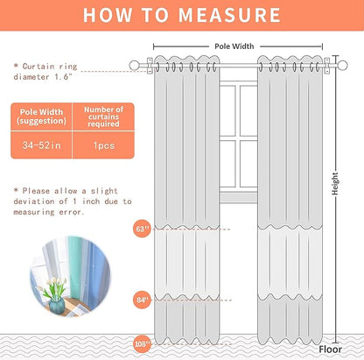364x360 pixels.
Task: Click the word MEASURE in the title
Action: (x=229, y=15)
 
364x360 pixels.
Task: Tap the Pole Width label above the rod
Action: (x=234, y=46)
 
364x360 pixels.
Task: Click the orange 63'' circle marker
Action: (x=142, y=229)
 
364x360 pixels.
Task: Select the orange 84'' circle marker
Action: (x=142, y=300)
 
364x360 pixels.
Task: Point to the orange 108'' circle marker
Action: (x=142, y=344)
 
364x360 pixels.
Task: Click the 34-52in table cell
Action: (x=42, y=145)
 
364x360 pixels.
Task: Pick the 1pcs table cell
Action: (x=104, y=145)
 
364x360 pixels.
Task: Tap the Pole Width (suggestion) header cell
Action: (x=42, y=116)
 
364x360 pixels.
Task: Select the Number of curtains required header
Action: (x=104, y=116)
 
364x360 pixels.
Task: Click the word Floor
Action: (x=330, y=349)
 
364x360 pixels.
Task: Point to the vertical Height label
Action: (x=335, y=184)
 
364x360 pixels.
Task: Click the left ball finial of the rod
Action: (x=134, y=66)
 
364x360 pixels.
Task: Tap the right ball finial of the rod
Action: (x=342, y=66)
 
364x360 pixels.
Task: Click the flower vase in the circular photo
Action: (x=55, y=306)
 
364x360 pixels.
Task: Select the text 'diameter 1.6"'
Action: (x=43, y=77)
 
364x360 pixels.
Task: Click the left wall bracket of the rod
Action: (x=150, y=66)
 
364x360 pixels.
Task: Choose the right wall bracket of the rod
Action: (x=327, y=66)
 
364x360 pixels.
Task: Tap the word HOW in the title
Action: (x=108, y=15)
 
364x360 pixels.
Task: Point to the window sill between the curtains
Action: (x=238, y=197)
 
